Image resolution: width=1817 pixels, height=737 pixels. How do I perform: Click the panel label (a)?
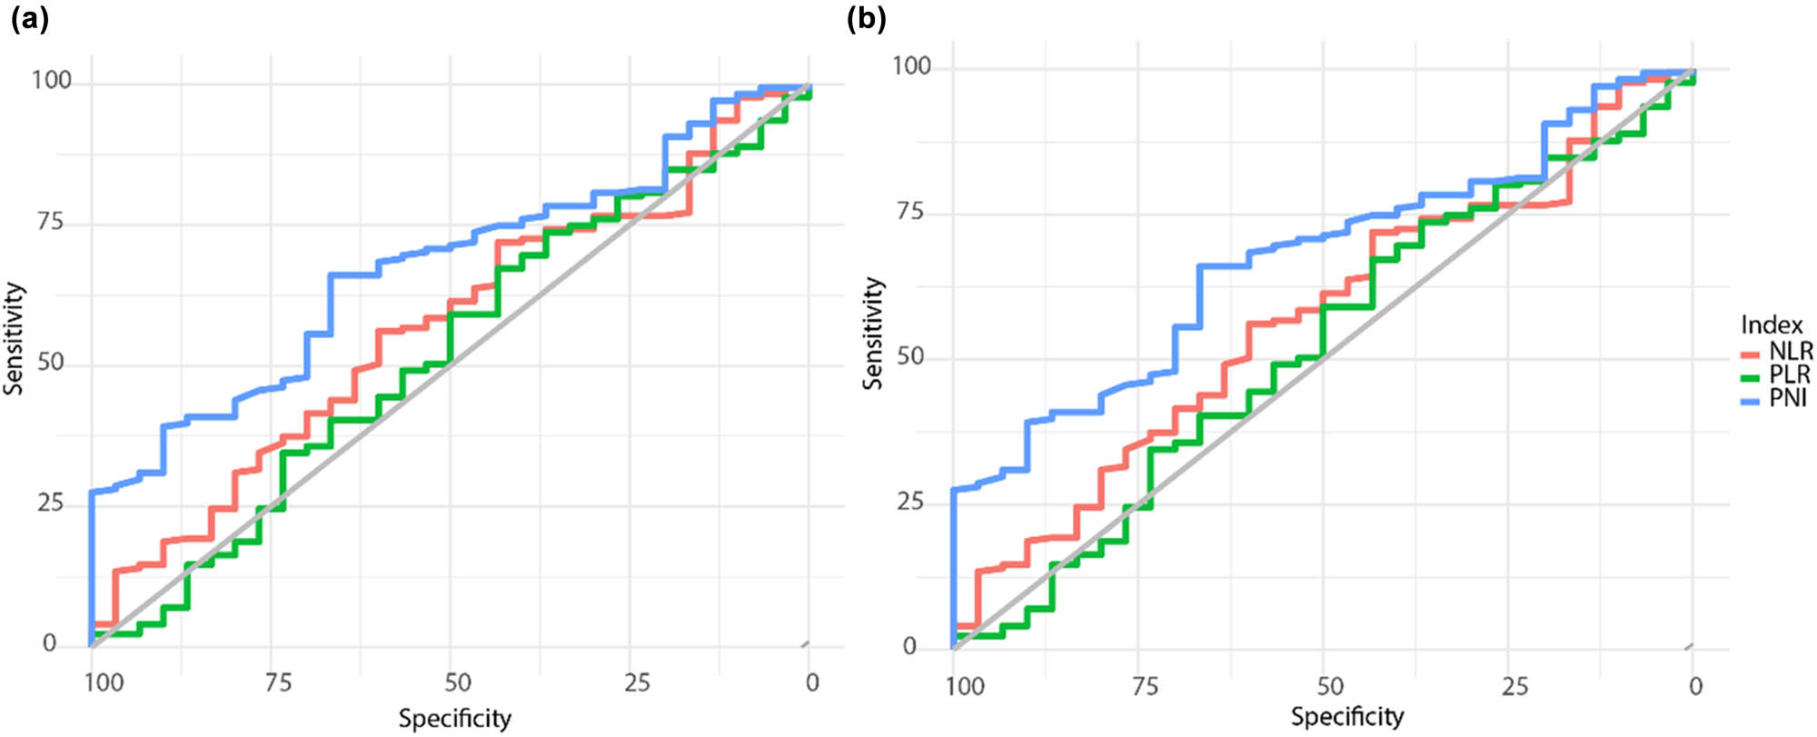[x=29, y=19]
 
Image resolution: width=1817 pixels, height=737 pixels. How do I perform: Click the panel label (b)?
[x=866, y=19]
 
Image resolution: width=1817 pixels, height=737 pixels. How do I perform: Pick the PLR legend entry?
[x=1789, y=374]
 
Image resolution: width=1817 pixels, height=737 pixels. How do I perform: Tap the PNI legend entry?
[x=1787, y=398]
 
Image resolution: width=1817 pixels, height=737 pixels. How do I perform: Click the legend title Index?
[x=1772, y=324]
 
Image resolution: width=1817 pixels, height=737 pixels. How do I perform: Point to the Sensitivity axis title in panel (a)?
[x=14, y=339]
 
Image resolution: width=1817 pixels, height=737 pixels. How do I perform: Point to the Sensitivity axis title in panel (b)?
[x=873, y=334]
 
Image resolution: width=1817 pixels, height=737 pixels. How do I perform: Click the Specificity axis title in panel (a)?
[x=454, y=719]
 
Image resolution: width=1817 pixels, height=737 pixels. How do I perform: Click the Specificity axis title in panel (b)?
[x=1347, y=716]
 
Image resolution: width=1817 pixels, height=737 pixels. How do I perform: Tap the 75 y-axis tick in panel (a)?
[x=50, y=223]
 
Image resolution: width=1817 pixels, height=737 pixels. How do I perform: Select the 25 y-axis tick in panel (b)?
[x=908, y=502]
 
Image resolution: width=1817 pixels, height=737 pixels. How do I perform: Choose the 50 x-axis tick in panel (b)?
[x=1330, y=685]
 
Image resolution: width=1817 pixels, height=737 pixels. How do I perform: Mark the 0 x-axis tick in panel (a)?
[x=812, y=682]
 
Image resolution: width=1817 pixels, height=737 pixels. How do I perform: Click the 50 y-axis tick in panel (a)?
[x=50, y=363]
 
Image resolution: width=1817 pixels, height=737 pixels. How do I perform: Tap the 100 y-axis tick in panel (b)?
[x=911, y=66]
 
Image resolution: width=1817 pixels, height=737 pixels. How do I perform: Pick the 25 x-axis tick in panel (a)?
[x=637, y=682]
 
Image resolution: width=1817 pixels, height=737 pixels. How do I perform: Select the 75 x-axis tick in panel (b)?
[x=1145, y=685]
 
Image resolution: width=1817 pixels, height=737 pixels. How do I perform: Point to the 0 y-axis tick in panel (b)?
[x=909, y=647]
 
